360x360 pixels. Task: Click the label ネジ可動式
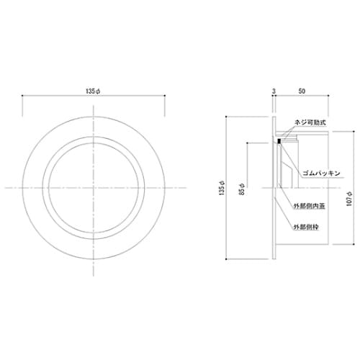312,123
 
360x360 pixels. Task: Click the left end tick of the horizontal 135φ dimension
24,99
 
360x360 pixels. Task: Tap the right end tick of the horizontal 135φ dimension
168,99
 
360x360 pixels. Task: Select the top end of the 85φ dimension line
248,142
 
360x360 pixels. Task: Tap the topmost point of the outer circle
96,114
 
